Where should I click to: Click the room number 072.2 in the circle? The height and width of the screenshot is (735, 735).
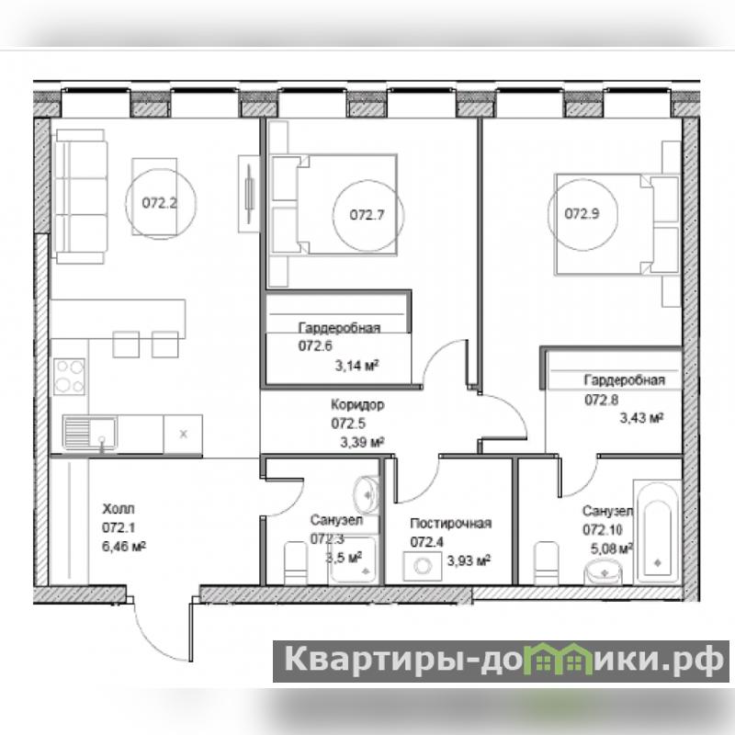click(x=159, y=203)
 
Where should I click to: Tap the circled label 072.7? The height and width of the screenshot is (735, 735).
click(x=367, y=215)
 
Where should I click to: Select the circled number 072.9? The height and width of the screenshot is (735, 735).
click(x=582, y=214)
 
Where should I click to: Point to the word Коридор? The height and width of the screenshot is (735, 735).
click(x=357, y=404)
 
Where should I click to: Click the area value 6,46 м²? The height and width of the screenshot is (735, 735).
click(x=124, y=546)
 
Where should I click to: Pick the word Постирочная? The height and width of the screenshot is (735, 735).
click(x=450, y=523)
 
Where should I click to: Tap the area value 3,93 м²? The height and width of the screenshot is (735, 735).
click(x=469, y=560)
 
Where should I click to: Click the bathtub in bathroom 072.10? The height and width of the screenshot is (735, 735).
click(x=657, y=532)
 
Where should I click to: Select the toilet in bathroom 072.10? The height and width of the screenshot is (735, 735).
click(x=546, y=563)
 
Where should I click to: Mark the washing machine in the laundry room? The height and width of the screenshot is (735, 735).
click(x=423, y=566)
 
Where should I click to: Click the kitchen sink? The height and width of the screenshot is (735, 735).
click(x=90, y=433)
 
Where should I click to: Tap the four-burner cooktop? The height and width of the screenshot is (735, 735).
click(x=70, y=377)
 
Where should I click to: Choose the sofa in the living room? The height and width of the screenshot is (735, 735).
click(x=80, y=197)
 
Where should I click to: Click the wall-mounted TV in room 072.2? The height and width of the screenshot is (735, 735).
click(x=249, y=194)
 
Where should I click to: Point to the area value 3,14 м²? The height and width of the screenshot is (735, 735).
click(x=356, y=365)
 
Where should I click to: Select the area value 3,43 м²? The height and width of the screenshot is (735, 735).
click(x=641, y=417)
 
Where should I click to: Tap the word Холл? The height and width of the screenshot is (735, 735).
click(x=119, y=509)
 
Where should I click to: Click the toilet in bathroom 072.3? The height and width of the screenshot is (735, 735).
click(x=296, y=563)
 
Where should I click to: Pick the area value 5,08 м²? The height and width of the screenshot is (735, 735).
click(x=612, y=548)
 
